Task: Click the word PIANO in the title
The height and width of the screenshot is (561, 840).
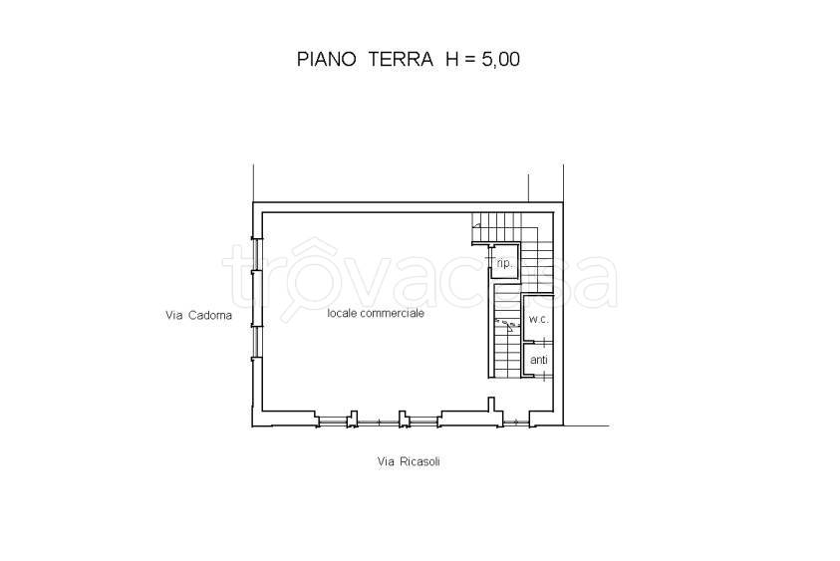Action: (x=328, y=59)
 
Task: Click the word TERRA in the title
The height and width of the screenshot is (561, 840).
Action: (x=403, y=59)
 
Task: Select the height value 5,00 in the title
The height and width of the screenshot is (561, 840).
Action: (x=497, y=59)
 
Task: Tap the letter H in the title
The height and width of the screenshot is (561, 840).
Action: (x=452, y=59)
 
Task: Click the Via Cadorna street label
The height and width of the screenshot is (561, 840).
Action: (x=198, y=316)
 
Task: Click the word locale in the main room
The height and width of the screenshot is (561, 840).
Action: (x=345, y=312)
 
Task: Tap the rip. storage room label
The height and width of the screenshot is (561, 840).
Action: (x=504, y=264)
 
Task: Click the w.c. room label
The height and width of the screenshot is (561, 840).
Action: (x=538, y=319)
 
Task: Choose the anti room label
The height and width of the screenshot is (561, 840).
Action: (x=538, y=360)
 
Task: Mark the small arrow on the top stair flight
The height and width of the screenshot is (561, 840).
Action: (x=477, y=227)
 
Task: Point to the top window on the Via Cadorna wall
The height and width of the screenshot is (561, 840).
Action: (x=255, y=255)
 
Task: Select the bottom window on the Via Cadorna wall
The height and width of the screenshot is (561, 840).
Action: (x=255, y=341)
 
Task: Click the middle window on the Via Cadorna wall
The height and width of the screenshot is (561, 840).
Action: (x=255, y=298)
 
